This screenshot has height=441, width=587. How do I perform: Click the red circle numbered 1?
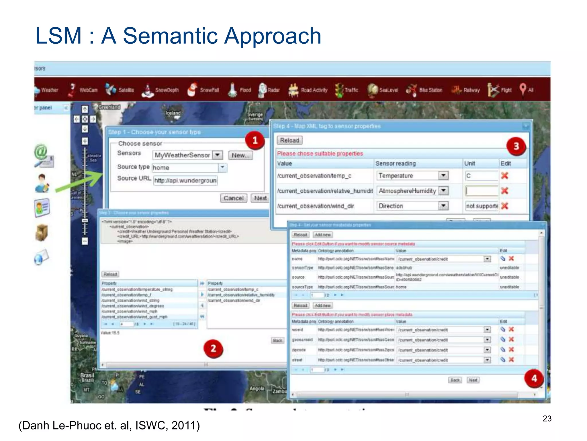[x=255, y=140]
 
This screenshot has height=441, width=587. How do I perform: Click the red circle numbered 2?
[x=213, y=348]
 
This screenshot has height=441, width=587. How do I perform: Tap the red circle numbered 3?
[x=516, y=146]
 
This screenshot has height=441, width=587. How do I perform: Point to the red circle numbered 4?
[x=534, y=378]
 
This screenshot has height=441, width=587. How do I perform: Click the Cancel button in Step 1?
[x=233, y=198]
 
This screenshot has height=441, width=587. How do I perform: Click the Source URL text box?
[x=185, y=181]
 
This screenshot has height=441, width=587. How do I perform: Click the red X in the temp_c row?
[x=505, y=175]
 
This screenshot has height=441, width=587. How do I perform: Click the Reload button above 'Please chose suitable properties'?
[x=289, y=140]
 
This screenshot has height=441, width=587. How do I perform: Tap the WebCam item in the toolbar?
[x=83, y=90]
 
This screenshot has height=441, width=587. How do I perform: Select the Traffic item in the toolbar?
[x=347, y=90]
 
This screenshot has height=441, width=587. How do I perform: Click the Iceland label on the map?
[x=173, y=113]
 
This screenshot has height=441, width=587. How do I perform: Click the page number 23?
[x=547, y=419]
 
